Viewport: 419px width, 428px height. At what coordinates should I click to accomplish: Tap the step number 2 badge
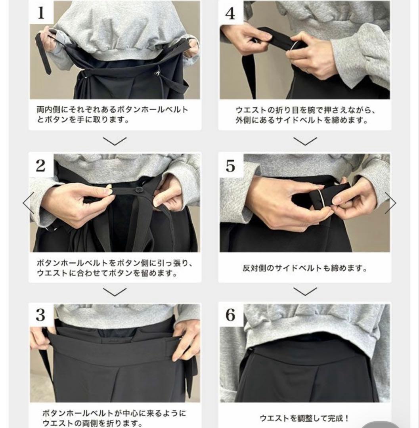41,166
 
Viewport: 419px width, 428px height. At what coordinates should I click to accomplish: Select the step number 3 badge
41,315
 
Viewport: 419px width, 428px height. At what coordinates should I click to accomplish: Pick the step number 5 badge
230,166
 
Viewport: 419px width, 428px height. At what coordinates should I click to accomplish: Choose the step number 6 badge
230,315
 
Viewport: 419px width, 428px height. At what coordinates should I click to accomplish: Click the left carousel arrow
28,203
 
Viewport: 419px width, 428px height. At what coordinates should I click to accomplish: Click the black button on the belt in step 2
139,190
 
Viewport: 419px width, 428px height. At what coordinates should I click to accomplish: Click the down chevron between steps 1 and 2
115,141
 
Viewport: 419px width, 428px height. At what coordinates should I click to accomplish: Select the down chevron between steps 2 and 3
115,292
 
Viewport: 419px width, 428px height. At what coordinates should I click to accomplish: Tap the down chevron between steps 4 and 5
305,141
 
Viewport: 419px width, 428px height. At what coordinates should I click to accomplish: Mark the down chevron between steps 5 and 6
305,292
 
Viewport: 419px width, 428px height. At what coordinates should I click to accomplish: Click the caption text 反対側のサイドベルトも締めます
304,268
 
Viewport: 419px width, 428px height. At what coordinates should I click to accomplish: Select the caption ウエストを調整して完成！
304,418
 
